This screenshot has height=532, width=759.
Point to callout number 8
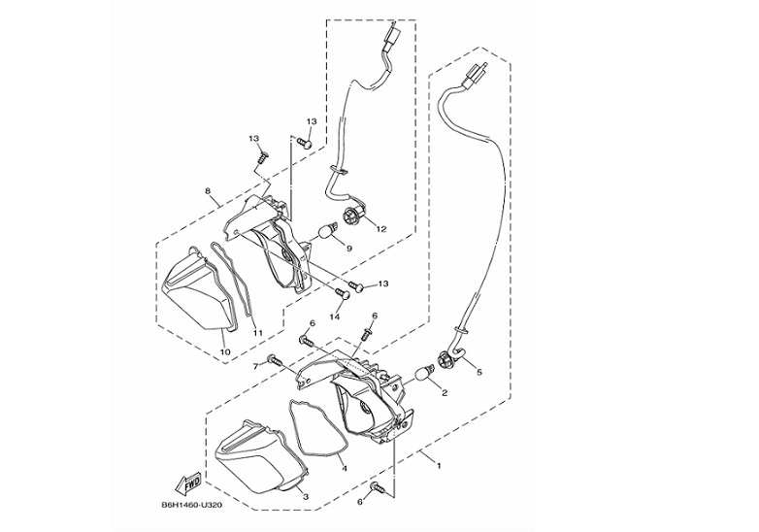(208, 191)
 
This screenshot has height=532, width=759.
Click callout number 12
(381, 230)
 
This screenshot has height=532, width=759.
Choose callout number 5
(478, 370)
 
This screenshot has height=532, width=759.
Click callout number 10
(224, 351)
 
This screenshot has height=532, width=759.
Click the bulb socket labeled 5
(449, 360)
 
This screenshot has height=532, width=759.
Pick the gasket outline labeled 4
(318, 427)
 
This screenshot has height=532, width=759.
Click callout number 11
(257, 333)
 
